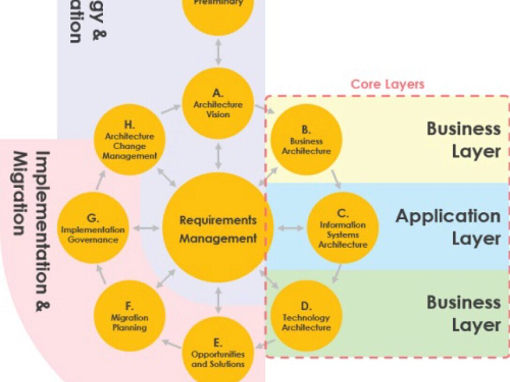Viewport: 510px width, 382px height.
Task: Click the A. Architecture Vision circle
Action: click(218, 104)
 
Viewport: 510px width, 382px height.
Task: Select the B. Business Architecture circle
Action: click(306, 140)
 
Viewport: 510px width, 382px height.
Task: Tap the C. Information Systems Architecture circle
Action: click(343, 228)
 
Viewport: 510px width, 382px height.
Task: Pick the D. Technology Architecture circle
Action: click(306, 316)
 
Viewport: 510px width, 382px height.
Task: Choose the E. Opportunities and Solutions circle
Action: click(218, 352)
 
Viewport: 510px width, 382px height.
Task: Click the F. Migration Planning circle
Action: click(129, 316)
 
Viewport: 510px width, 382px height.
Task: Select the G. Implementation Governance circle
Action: click(93, 228)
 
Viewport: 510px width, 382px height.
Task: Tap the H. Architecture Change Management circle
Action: click(129, 140)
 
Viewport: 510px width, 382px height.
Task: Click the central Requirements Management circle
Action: click(218, 228)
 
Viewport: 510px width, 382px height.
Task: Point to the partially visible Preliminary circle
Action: click(218, 12)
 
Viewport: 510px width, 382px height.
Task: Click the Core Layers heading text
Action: click(388, 84)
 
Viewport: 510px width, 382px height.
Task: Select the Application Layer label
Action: click(448, 227)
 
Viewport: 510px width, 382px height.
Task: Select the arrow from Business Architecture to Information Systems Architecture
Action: click(336, 179)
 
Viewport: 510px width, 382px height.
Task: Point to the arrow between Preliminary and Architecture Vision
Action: click(218, 52)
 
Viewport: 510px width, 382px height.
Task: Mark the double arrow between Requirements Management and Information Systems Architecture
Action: click(290, 228)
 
